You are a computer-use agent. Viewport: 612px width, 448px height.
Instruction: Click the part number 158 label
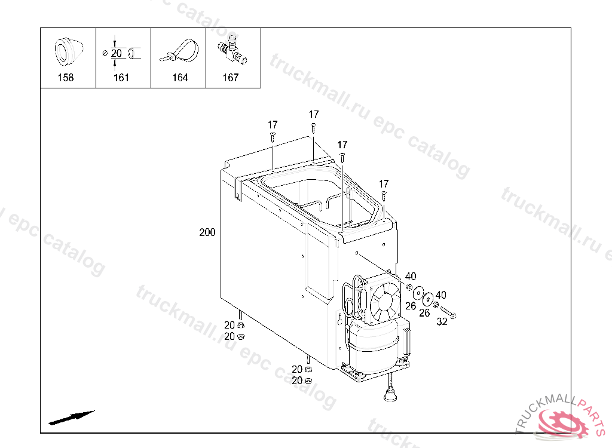pyautogui.click(x=66, y=78)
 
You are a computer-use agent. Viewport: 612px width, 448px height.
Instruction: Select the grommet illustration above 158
pyautogui.click(x=68, y=51)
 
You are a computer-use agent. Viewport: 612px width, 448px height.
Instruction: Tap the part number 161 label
pyautogui.click(x=121, y=78)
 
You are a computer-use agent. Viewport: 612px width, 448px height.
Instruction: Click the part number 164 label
pyautogui.click(x=180, y=78)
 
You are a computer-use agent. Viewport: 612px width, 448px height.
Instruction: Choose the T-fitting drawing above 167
pyautogui.click(x=232, y=50)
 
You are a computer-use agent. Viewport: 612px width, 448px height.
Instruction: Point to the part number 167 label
pyautogui.click(x=230, y=78)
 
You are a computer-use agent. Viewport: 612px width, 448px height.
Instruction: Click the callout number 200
pyautogui.click(x=207, y=232)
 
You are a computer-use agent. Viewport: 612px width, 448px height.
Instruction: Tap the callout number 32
pyautogui.click(x=442, y=321)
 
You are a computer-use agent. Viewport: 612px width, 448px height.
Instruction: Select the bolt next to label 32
pyautogui.click(x=448, y=312)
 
